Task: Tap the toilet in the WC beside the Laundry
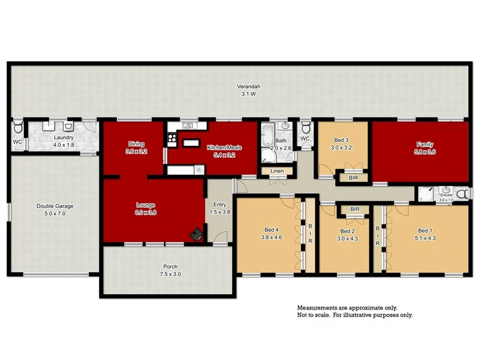coord(18,128)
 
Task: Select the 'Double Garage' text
coord(55,206)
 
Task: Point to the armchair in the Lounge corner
coord(195,235)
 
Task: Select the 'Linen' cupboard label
coord(276,171)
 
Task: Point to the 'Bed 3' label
coord(339,139)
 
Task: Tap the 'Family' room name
coord(425,144)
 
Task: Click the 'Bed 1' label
coord(425,230)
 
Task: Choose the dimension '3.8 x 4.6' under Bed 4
coord(272,237)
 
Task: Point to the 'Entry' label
coord(218,205)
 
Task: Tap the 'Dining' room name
coord(135,143)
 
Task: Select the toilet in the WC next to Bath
coord(306,128)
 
